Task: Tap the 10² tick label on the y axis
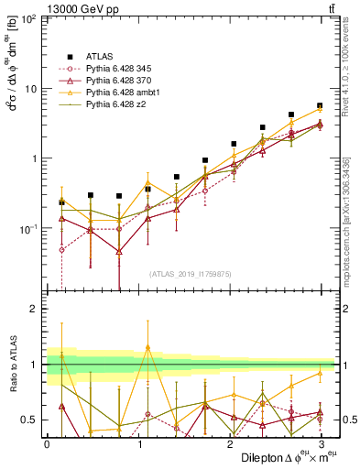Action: tap(31, 20)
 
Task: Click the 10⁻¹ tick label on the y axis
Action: tap(30, 228)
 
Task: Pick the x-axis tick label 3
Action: tap(320, 443)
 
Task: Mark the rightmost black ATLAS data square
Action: tap(320, 106)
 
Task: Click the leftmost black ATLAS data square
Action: tap(61, 202)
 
